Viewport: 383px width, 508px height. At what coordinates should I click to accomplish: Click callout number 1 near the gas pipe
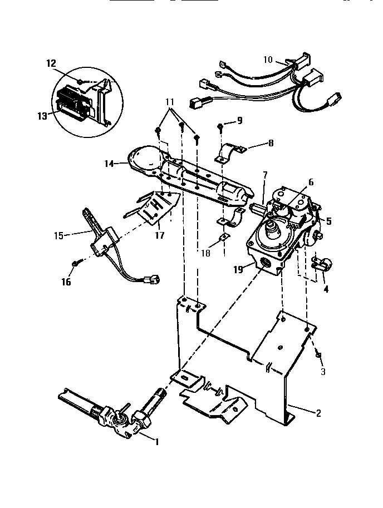pos(157,442)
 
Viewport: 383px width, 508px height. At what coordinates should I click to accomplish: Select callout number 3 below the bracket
pos(323,371)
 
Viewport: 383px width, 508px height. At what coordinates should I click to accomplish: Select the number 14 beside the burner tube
pos(109,163)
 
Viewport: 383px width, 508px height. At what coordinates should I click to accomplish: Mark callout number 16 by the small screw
pos(67,282)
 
